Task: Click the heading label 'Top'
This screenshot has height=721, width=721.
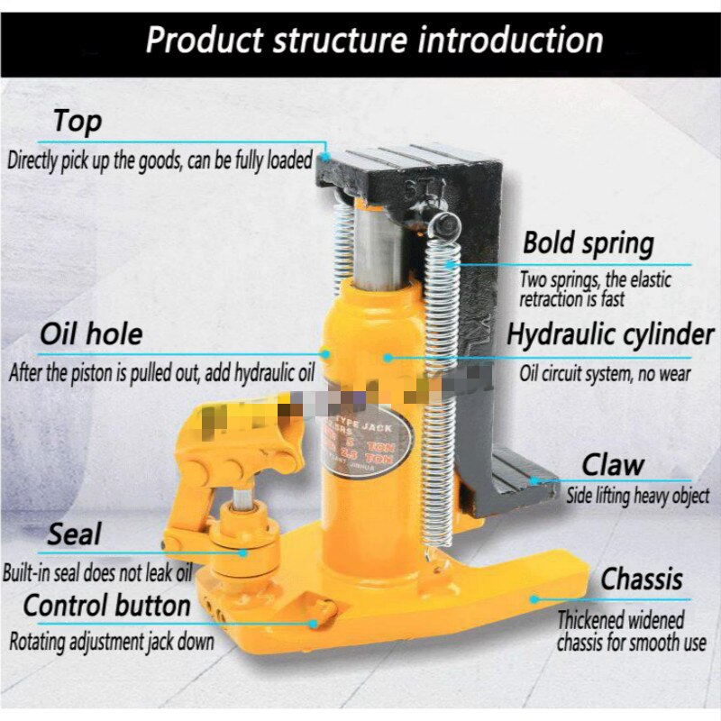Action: pyautogui.click(x=78, y=121)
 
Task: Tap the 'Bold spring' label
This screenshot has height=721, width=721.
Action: pyautogui.click(x=589, y=242)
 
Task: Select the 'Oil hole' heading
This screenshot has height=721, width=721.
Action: pyautogui.click(x=91, y=334)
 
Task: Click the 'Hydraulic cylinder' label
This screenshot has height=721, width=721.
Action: pyautogui.click(x=610, y=334)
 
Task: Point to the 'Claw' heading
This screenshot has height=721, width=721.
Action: pyautogui.click(x=613, y=465)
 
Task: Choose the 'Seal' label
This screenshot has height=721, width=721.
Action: pyautogui.click(x=75, y=534)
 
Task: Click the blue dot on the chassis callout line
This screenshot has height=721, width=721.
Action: pyautogui.click(x=534, y=597)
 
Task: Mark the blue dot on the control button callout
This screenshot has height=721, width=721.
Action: pyautogui.click(x=313, y=622)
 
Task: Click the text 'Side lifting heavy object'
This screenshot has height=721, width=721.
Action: pyautogui.click(x=637, y=496)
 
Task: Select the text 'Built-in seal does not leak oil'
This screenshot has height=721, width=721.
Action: pyautogui.click(x=98, y=571)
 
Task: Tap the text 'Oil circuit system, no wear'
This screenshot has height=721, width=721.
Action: pyautogui.click(x=605, y=372)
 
